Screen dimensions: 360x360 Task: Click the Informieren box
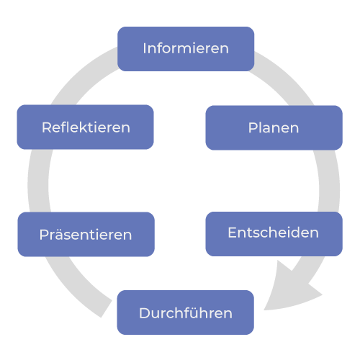pos(186,49)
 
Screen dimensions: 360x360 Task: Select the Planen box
pos(274,127)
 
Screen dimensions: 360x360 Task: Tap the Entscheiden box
pos(274,234)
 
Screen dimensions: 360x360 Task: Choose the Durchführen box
pos(186,312)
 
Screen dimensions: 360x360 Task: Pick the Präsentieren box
pos(86,234)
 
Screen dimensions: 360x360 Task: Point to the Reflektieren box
pos(85,127)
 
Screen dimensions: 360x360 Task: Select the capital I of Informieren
pos(145,48)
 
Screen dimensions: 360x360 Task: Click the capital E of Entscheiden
pos(233,233)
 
